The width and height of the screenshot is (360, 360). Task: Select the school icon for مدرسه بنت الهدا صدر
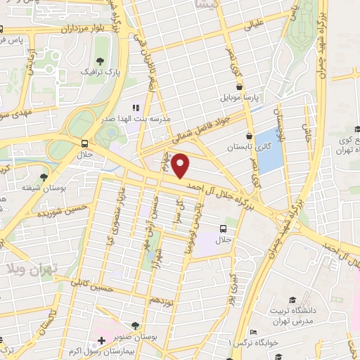[136, 108]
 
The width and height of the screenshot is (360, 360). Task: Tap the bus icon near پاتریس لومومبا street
[224, 228]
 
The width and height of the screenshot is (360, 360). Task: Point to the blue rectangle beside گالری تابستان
[268, 150]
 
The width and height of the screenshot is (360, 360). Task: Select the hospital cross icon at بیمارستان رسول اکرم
[103, 341]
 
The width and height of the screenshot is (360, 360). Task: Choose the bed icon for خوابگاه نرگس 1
[253, 332]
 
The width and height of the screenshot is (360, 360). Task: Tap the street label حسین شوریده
[49, 210]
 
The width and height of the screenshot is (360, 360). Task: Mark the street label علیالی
[250, 26]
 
